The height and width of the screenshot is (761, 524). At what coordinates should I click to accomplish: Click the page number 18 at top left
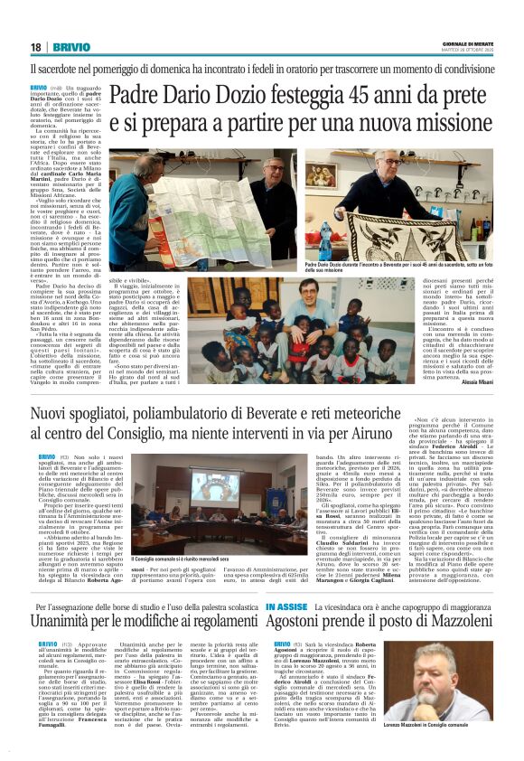[x=35, y=46]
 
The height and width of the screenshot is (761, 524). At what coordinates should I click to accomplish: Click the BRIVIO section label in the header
[x=70, y=46]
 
